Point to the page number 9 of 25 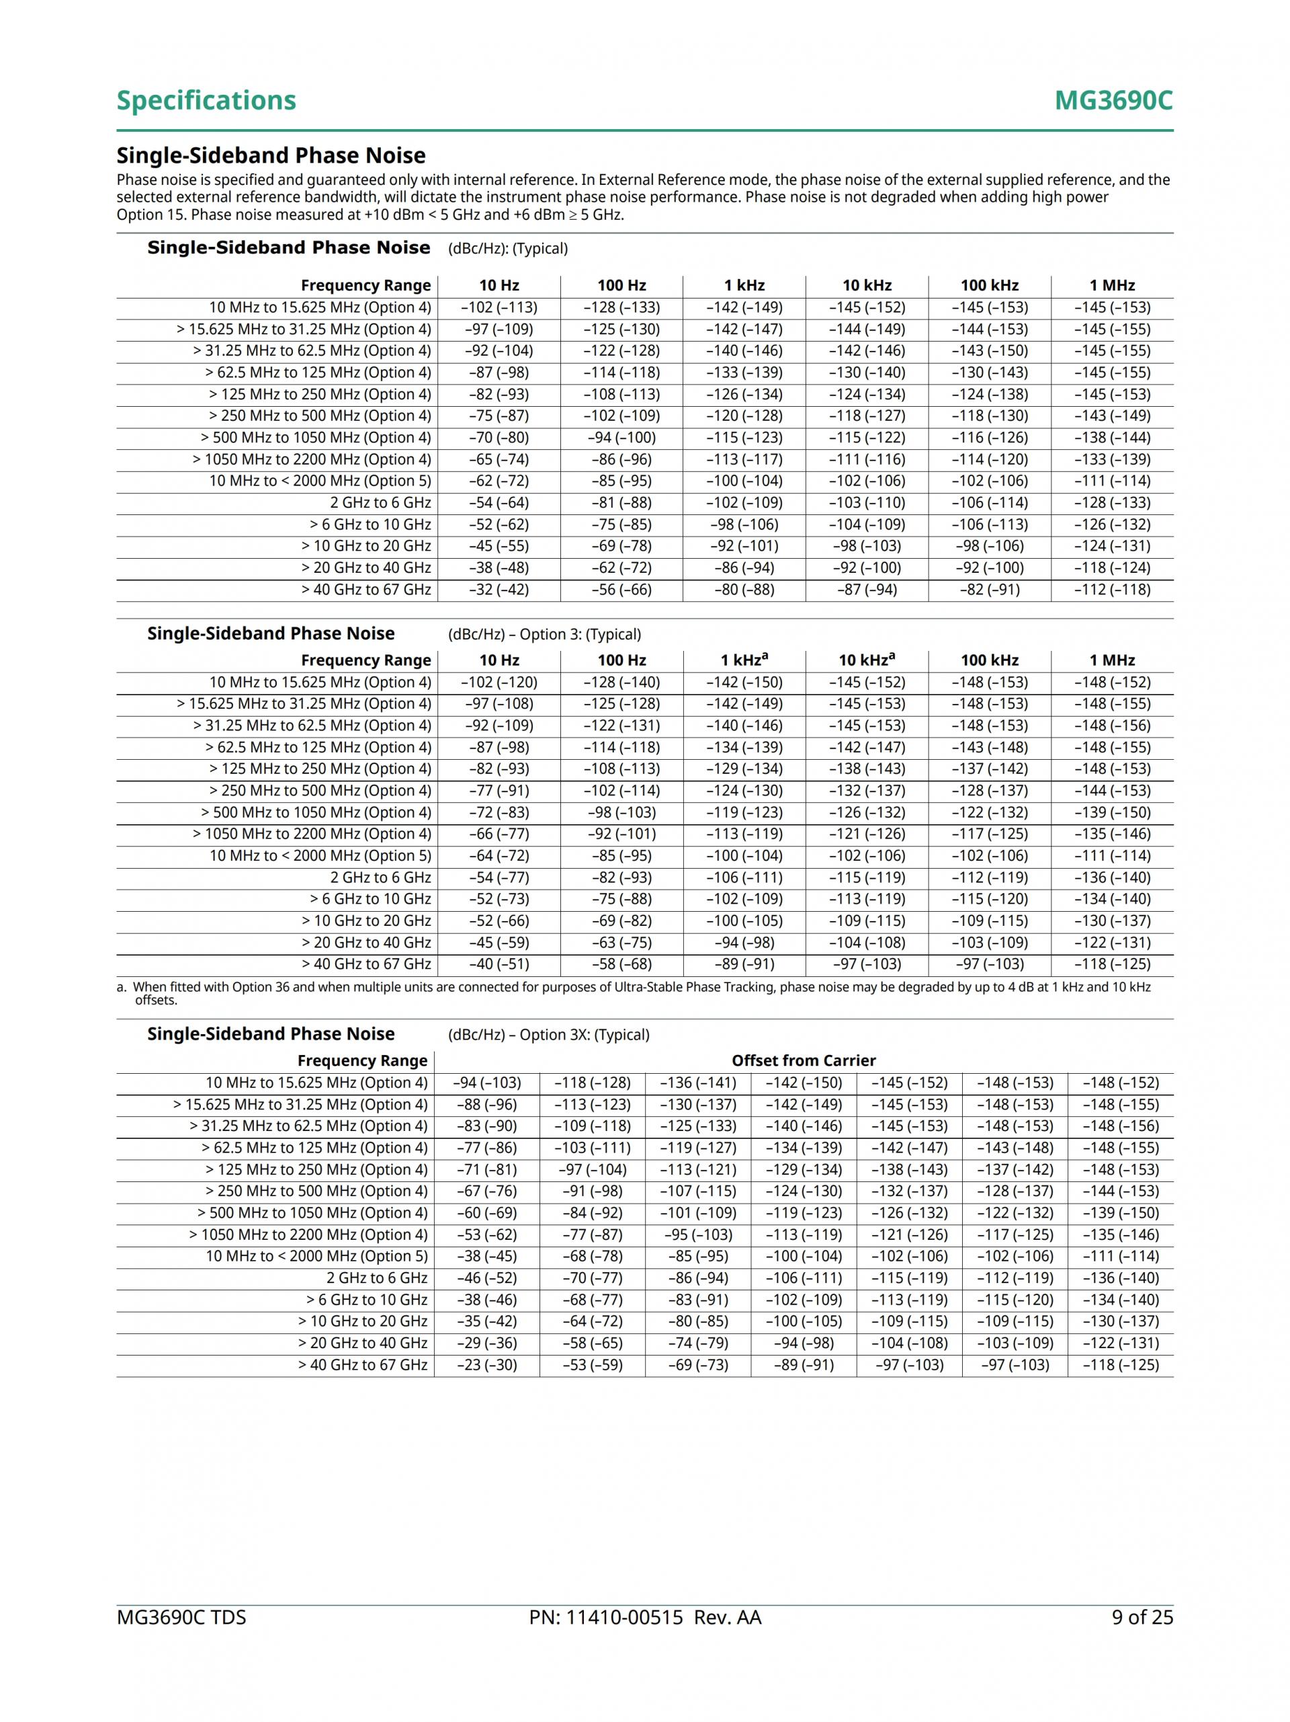click(x=1142, y=1617)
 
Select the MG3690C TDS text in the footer click(x=181, y=1617)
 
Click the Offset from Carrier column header click(x=803, y=1060)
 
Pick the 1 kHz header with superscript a click(x=744, y=660)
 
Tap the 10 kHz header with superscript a click(x=866, y=660)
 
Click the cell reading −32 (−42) click(x=499, y=589)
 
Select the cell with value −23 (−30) click(x=486, y=1365)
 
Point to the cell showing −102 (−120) click(x=499, y=682)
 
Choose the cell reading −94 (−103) click(x=486, y=1083)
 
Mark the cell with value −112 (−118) click(x=1112, y=589)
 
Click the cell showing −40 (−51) click(x=499, y=964)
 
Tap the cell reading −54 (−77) click(x=499, y=877)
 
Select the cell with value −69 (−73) click(x=698, y=1365)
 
